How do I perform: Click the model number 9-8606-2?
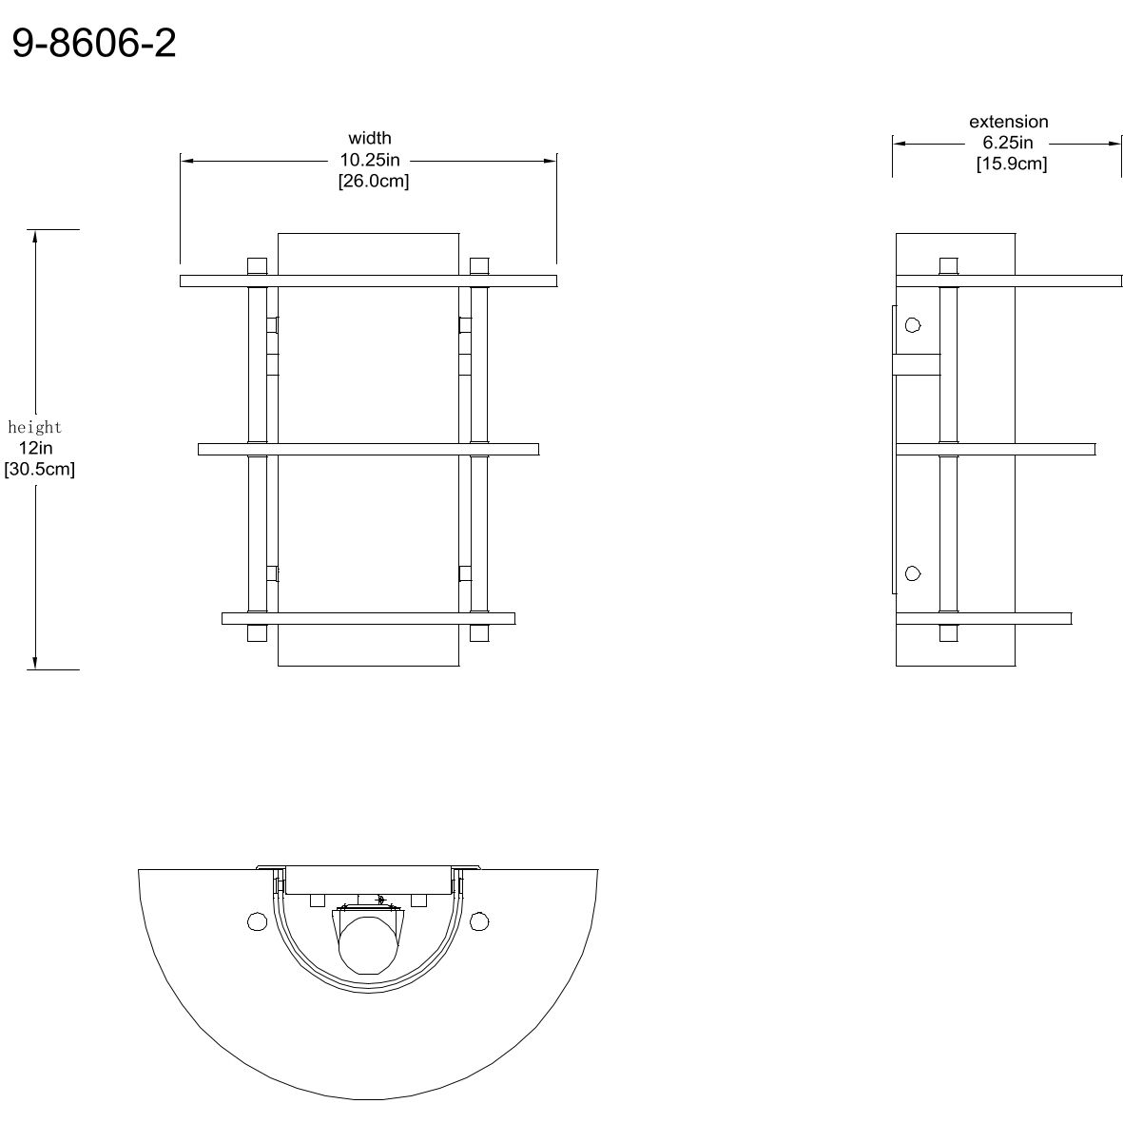coord(94,43)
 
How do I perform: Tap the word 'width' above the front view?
coord(370,138)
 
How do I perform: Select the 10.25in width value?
coord(370,160)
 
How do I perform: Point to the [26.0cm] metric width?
coord(374,181)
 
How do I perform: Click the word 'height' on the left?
coord(35,428)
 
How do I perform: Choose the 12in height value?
coord(36,448)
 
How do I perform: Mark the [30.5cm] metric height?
coord(39,469)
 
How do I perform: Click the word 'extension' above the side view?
coord(1008,122)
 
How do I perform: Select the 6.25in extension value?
coord(1008,143)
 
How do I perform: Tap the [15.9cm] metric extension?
coord(1012,164)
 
